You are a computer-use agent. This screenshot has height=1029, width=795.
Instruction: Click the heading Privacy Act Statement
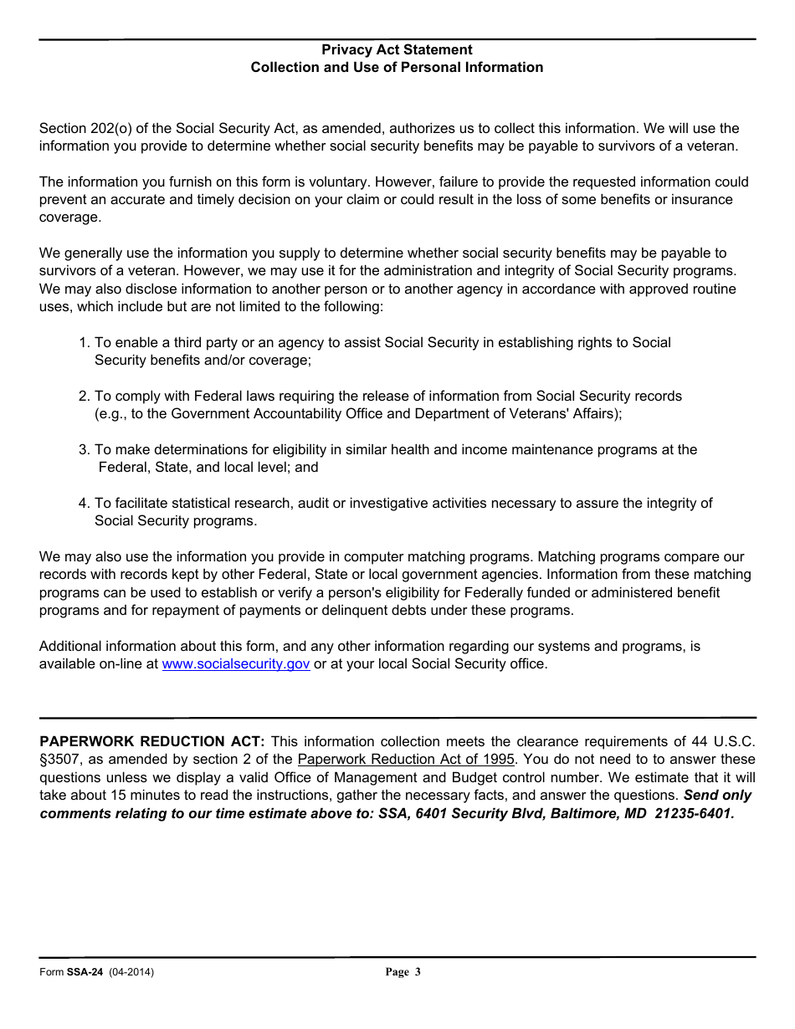(397, 50)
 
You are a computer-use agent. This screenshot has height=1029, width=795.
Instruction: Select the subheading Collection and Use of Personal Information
(397, 68)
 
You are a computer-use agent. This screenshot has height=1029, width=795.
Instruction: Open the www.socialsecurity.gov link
(235, 664)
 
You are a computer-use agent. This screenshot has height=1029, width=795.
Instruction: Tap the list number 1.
(83, 343)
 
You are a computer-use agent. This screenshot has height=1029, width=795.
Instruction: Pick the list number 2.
(83, 397)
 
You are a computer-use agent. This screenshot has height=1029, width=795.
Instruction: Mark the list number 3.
(83, 450)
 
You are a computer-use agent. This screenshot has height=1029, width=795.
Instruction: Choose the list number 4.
(83, 504)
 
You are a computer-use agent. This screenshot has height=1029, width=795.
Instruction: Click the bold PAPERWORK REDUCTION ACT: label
(152, 742)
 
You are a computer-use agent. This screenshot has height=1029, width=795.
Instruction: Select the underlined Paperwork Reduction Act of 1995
(406, 760)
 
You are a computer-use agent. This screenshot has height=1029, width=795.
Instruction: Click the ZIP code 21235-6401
(694, 813)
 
